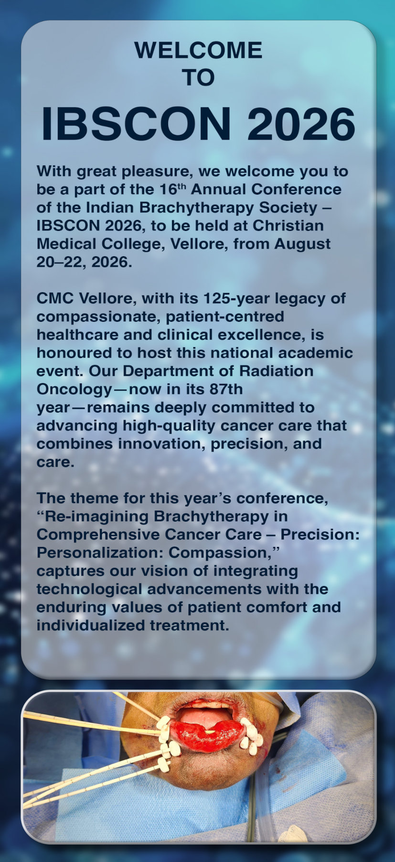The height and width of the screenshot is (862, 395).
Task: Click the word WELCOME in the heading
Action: pos(198,50)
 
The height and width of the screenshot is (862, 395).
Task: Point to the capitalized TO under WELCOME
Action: pos(199,77)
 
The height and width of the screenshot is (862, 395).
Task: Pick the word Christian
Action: pos(288,225)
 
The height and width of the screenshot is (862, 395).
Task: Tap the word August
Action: pos(302,244)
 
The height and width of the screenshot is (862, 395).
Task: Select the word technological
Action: pos(89,589)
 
